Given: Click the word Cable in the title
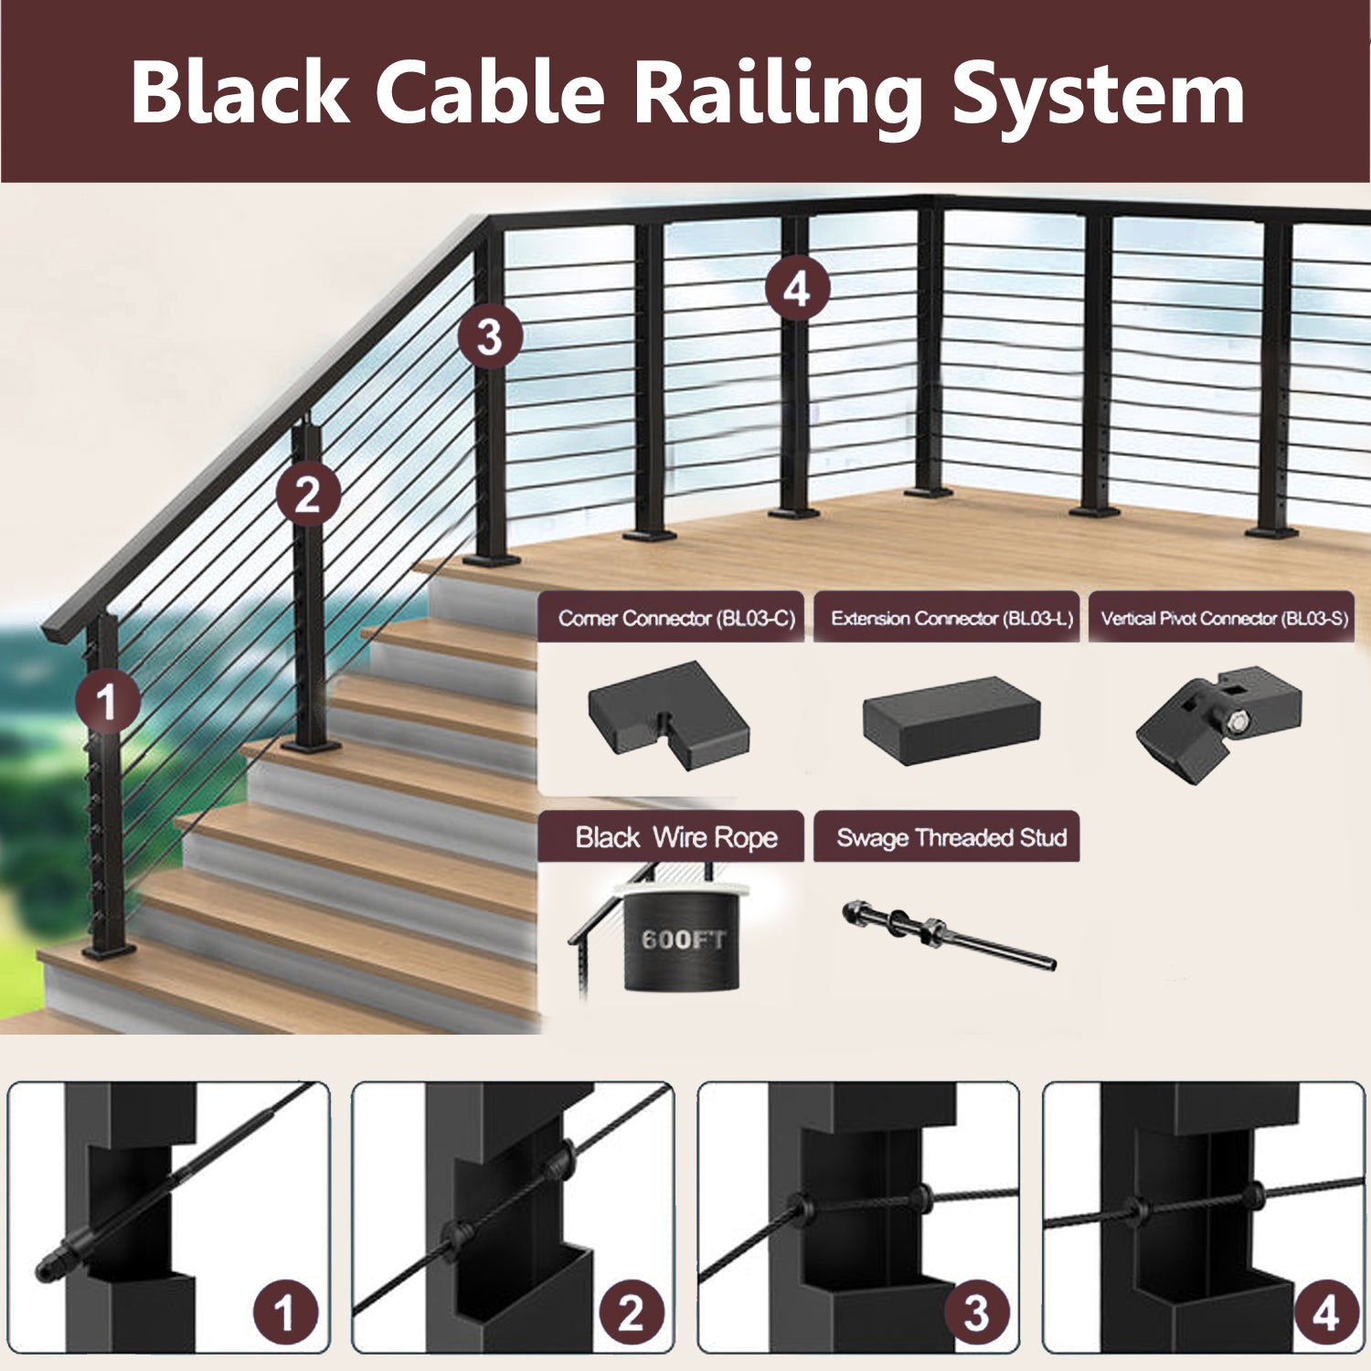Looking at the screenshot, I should pos(490,92).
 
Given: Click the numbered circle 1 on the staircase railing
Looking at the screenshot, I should pos(108,702).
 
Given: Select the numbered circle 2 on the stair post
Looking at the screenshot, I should pos(308,495).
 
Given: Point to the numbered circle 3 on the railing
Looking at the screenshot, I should pos(490,336).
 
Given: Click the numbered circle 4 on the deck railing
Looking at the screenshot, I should pos(797,289).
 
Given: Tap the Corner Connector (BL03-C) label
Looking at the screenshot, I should pos(676,619).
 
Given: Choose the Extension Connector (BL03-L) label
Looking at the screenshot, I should pos(951,619).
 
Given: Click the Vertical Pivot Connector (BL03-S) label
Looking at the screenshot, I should pos(1224,619).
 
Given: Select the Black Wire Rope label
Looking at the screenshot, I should pos(675,837).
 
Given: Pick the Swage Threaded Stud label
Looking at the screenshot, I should pos(951,837).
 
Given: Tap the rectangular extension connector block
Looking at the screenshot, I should pos(951,720).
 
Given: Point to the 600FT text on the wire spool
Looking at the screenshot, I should pos(683,940).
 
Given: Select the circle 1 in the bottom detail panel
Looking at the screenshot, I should pos(285,1313).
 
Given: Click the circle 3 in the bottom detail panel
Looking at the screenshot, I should pos(976,1313).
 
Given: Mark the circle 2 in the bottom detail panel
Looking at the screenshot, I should pos(631,1313).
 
